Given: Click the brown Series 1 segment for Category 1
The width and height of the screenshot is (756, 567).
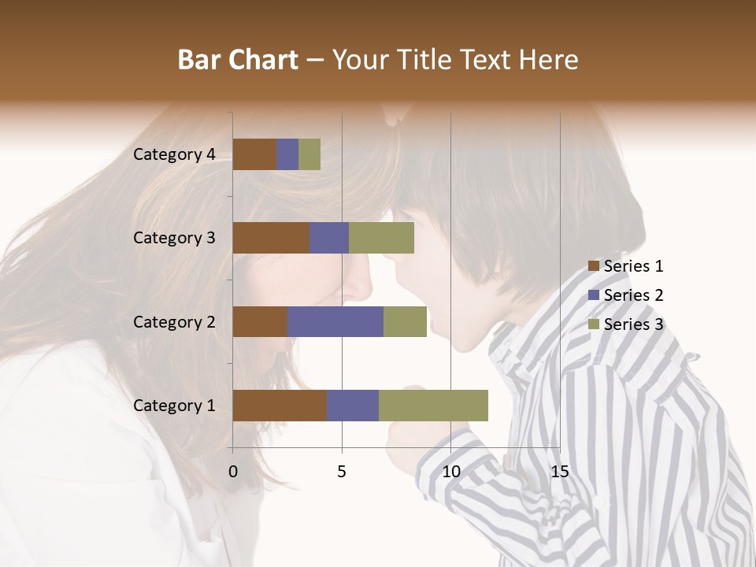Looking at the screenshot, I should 280,406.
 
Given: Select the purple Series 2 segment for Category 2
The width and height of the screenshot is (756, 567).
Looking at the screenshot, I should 335,321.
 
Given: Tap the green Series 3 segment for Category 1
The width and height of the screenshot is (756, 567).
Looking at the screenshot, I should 433,406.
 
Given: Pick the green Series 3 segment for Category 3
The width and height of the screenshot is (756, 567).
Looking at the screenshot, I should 381,238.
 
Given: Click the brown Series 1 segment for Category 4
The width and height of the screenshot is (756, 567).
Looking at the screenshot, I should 254,154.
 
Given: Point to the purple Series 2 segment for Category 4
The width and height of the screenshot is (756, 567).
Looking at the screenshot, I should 287,154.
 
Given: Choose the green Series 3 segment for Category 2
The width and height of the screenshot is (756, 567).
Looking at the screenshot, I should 405,321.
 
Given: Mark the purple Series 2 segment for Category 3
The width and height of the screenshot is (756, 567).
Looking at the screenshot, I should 329,238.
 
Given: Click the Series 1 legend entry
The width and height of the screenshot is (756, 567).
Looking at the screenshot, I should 625,266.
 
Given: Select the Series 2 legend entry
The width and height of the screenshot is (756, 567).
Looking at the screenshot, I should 625,295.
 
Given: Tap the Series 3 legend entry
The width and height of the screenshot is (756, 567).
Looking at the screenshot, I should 625,324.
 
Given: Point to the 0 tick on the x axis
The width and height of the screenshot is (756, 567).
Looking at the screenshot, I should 233,472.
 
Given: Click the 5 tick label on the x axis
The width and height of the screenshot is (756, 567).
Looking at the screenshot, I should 342,472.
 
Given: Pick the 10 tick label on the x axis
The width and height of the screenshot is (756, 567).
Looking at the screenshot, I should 450,472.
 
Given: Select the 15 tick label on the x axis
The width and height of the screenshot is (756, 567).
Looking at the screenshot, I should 559,472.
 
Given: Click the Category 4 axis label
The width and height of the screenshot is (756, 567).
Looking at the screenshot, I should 174,154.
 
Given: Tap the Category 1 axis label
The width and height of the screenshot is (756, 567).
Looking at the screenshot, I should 174,406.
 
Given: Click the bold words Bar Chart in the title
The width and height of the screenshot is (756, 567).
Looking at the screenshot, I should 238,59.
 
